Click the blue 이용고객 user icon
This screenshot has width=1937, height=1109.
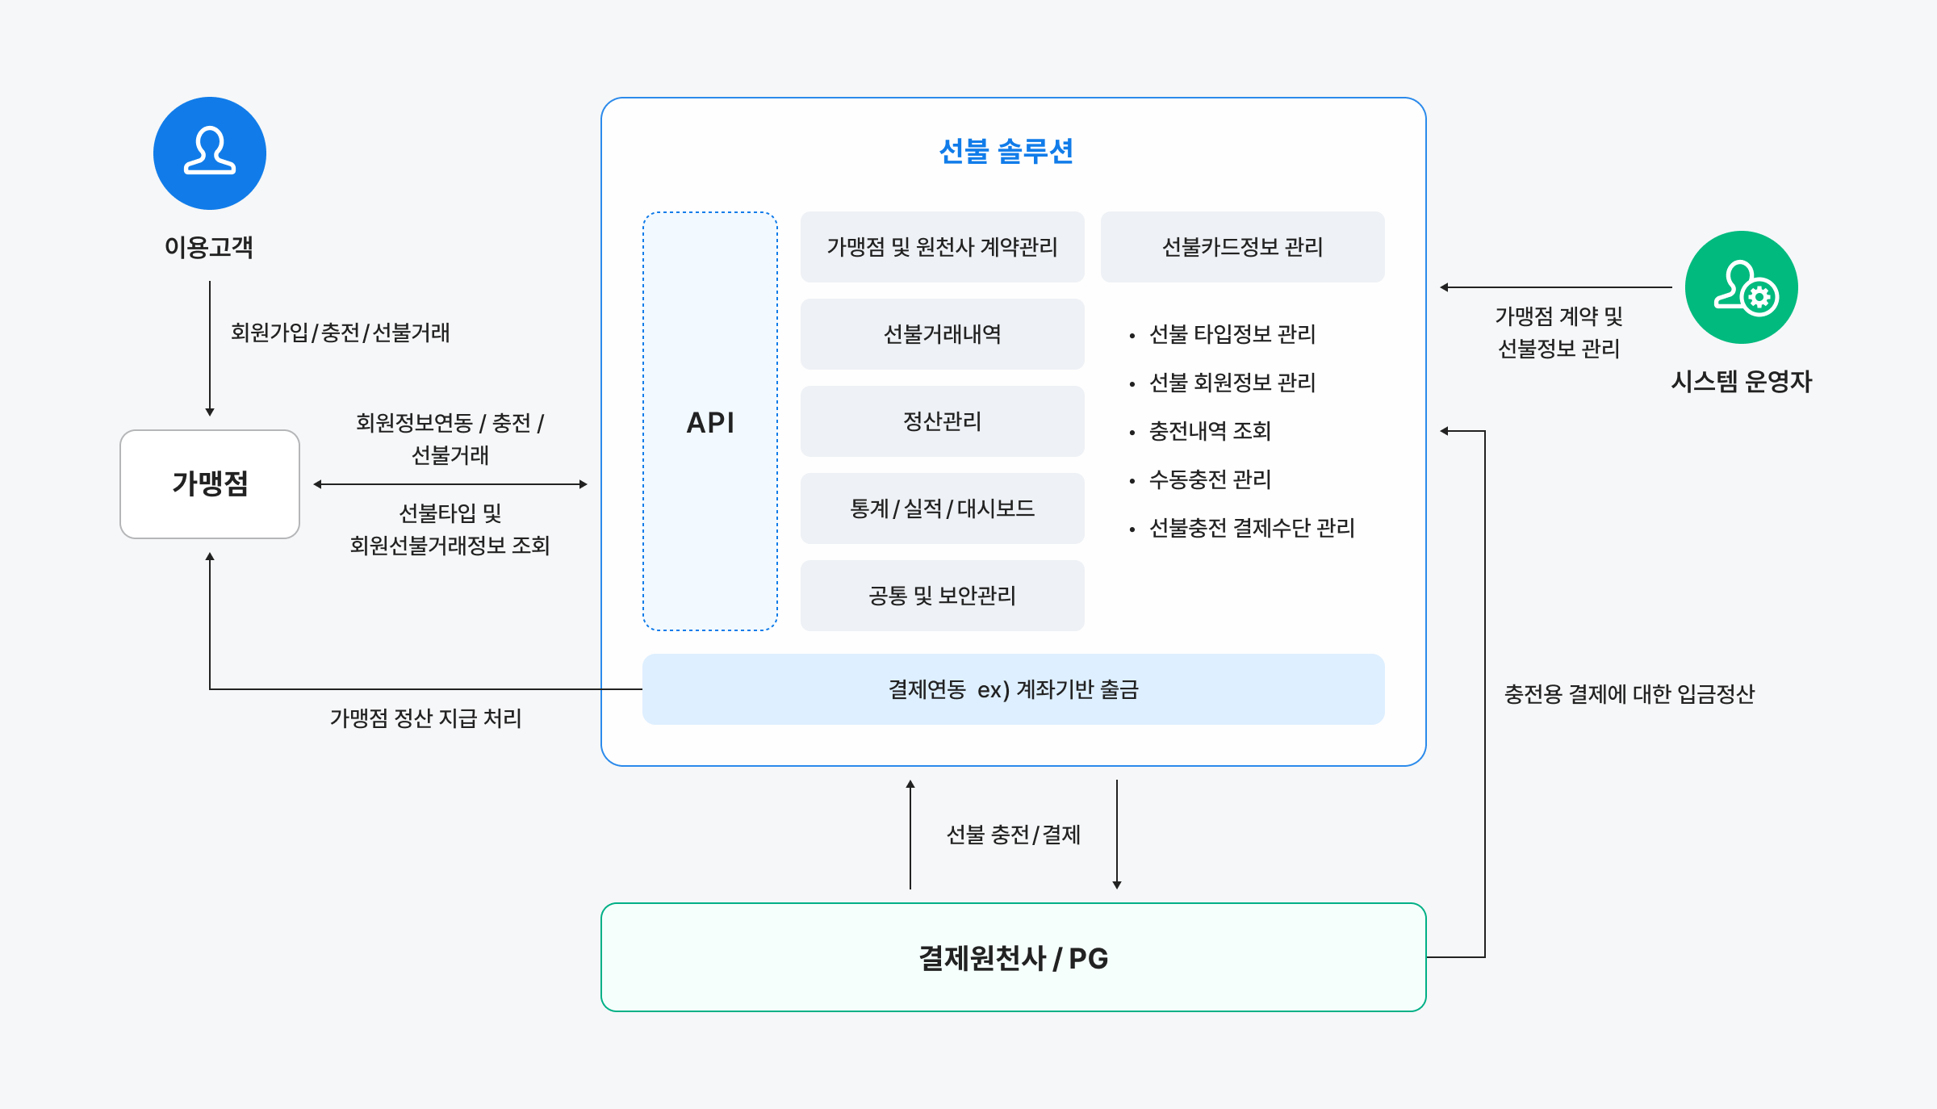(210, 153)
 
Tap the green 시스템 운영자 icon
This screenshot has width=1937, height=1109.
(1741, 287)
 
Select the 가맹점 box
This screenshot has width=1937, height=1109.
(210, 483)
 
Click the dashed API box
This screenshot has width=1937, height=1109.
(710, 421)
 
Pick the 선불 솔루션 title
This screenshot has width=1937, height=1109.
(1006, 152)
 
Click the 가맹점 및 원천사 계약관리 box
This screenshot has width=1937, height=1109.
(942, 247)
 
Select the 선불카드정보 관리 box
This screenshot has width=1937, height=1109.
(1242, 247)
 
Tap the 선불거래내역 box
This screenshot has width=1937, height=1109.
(942, 334)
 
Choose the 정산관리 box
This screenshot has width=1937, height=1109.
(942, 421)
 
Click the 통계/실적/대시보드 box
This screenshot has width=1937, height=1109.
(942, 508)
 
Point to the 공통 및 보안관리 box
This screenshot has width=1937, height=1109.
(942, 596)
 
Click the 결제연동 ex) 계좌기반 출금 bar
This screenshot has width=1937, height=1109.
(1013, 689)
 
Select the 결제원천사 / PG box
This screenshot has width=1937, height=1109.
(1013, 957)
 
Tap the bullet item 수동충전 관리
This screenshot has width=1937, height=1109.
(1210, 479)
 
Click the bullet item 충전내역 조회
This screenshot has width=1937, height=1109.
(1210, 431)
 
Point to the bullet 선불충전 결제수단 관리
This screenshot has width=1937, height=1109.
(1251, 528)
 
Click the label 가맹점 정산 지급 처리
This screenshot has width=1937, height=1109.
(425, 718)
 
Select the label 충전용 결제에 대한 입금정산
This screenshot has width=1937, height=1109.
(1629, 694)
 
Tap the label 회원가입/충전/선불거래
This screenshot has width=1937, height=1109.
(340, 333)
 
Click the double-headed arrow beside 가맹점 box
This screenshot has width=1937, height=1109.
(450, 484)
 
